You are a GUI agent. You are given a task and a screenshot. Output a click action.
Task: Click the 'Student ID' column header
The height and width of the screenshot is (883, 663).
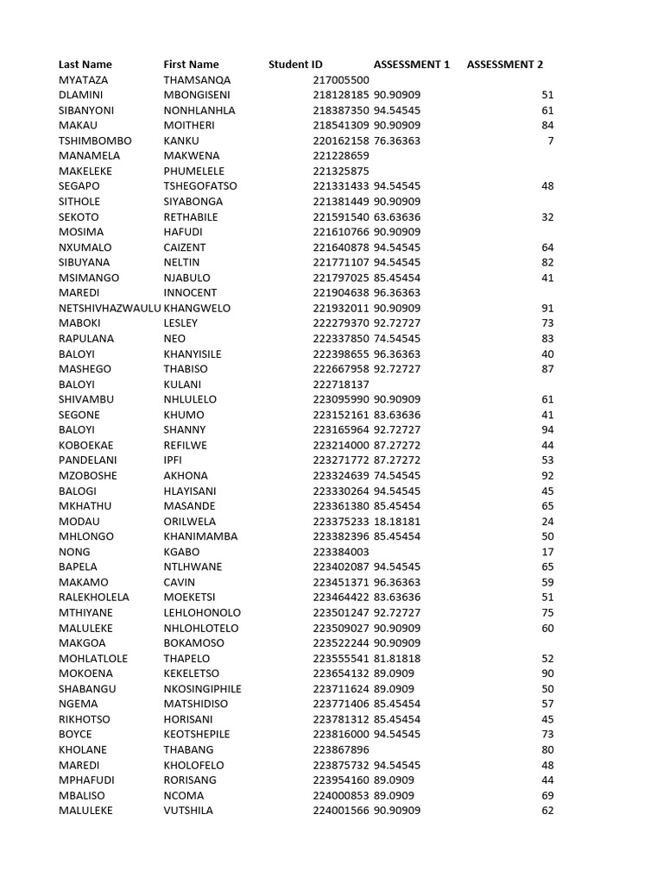295,65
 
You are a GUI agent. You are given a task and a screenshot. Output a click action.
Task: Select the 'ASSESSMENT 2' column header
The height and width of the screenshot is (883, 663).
504,65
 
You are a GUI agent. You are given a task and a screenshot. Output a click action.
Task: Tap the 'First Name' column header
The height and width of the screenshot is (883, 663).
191,65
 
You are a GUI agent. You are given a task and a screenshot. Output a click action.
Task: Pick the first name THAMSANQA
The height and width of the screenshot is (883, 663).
197,80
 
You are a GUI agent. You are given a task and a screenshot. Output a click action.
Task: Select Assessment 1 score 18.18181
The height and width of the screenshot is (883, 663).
397,522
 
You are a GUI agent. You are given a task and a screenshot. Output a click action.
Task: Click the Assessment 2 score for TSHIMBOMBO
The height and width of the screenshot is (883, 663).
550,141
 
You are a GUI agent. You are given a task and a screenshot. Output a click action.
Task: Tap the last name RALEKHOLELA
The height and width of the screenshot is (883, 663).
93,598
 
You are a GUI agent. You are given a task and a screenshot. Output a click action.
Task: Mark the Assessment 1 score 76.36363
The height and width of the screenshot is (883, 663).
397,141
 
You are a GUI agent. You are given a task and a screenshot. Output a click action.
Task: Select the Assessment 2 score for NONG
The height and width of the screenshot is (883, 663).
547,552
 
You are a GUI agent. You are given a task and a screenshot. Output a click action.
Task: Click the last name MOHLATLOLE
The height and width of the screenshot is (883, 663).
93,659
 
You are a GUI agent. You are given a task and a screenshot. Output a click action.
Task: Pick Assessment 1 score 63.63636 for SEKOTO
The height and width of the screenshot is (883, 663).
397,216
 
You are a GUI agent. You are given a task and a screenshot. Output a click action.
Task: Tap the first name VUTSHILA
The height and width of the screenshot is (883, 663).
188,811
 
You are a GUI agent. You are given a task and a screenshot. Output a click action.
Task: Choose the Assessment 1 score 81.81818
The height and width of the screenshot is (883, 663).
397,659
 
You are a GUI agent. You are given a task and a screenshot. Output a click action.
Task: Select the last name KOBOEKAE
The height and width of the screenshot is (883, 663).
85,445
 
